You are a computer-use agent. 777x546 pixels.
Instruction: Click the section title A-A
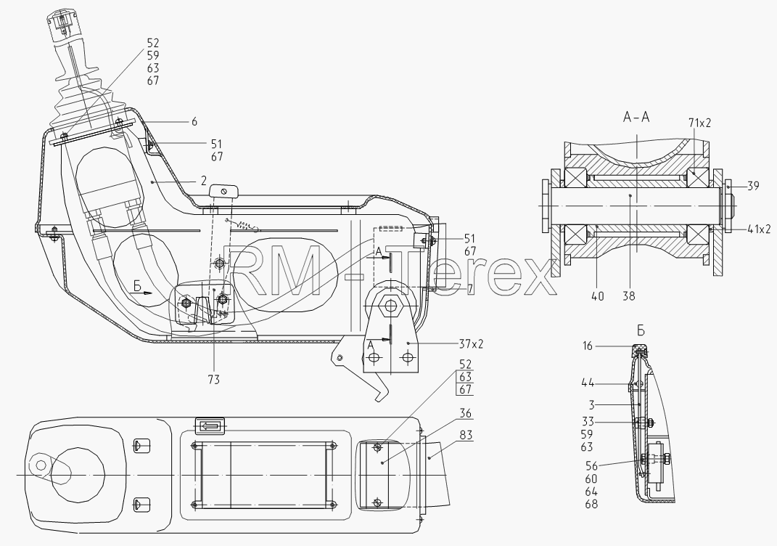tap(636, 117)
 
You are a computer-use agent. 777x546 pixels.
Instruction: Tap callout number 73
tap(214, 380)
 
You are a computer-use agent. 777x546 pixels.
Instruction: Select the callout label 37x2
tap(470, 343)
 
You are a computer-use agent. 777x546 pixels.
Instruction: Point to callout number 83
tap(466, 436)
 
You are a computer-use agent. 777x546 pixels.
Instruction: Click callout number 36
tap(465, 414)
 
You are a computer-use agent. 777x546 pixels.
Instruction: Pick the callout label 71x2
tap(699, 123)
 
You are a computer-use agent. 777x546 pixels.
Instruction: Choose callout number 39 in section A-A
tap(753, 187)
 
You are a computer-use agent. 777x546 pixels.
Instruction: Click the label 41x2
tap(759, 229)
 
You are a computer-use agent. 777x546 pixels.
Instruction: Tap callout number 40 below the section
tap(598, 296)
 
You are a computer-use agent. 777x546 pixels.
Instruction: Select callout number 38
tap(629, 296)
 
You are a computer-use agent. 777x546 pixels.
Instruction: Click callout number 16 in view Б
tap(587, 346)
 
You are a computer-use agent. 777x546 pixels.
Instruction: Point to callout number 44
tap(588, 383)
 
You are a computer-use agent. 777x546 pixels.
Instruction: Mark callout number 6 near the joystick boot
tap(194, 121)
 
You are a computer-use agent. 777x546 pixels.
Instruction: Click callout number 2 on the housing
tap(204, 181)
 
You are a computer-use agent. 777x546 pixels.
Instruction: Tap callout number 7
tap(470, 289)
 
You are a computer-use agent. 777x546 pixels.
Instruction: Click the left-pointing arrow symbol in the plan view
tap(210, 426)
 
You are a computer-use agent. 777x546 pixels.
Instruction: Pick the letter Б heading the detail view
tap(641, 331)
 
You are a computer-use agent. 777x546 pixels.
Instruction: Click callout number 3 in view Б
tap(591, 404)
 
